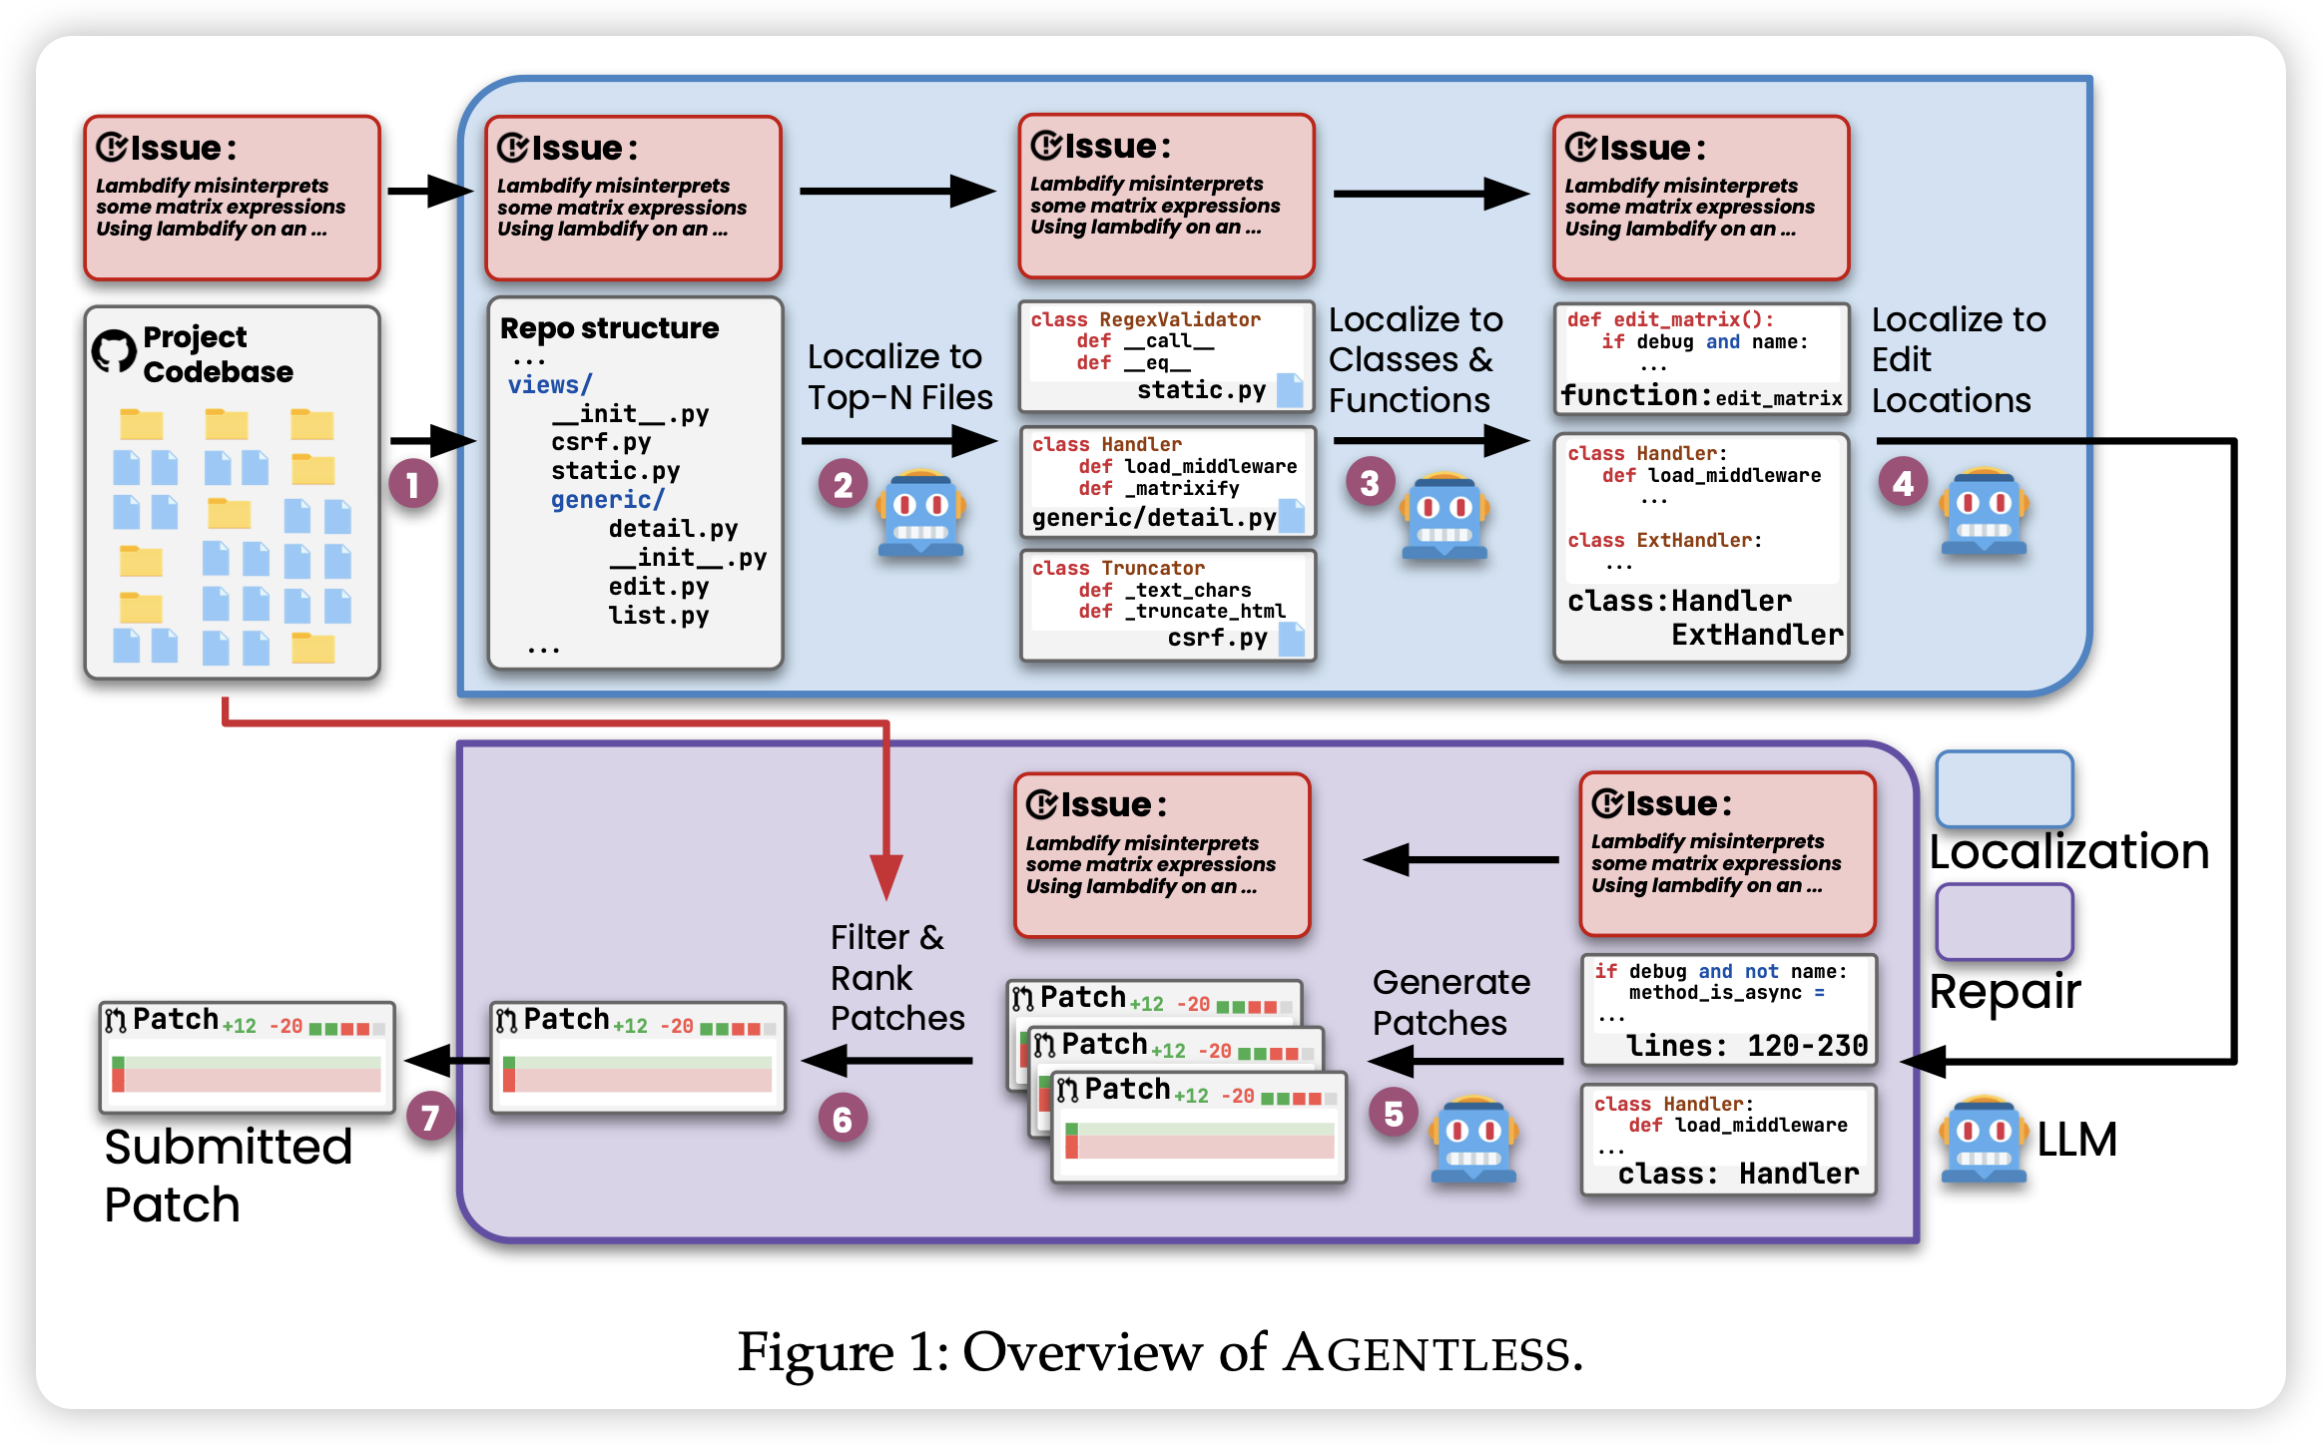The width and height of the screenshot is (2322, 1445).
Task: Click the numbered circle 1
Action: [x=412, y=485]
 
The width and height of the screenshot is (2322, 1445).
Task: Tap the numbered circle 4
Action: [x=1903, y=484]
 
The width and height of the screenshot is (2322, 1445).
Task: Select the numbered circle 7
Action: [x=430, y=1118]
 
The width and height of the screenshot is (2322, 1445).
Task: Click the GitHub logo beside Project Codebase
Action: [x=114, y=351]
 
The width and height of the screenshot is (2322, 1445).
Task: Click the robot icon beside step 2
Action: [x=919, y=514]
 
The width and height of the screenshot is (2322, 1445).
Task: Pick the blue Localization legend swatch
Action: [x=2004, y=788]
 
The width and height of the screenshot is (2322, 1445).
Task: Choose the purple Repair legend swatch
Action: [x=2004, y=920]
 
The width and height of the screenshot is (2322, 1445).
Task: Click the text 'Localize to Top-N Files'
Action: [x=899, y=377]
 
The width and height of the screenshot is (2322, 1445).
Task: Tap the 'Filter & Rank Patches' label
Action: [x=896, y=977]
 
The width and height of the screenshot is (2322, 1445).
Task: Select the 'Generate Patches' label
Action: [x=1451, y=1002]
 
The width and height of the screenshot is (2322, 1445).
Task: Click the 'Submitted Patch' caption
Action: [x=228, y=1175]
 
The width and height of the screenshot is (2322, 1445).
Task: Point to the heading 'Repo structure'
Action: [x=609, y=328]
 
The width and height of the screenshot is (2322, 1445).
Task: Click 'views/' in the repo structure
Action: [x=549, y=385]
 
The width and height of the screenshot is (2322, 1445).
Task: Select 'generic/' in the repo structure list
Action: [x=607, y=500]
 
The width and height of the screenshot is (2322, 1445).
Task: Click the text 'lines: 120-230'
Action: [x=1746, y=1046]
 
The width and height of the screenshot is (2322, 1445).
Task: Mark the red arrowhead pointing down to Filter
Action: [x=885, y=876]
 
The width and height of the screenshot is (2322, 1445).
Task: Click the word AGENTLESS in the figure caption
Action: [x=1427, y=1354]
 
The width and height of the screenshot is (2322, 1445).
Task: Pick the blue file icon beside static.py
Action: [x=1290, y=390]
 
